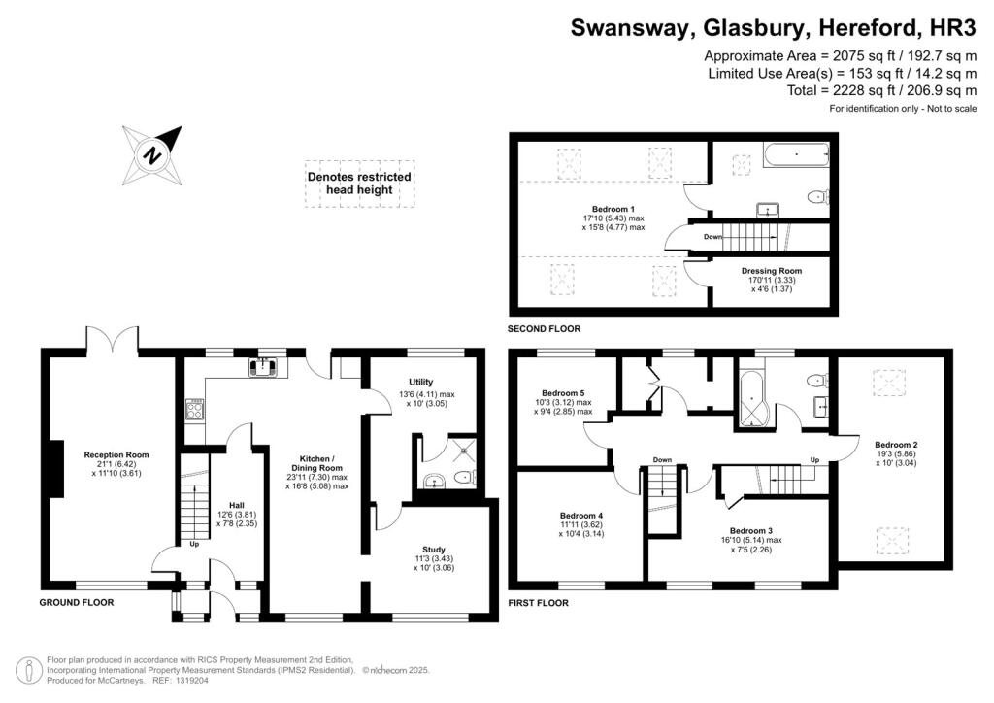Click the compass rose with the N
[x=152, y=153]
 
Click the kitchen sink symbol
[x=263, y=366]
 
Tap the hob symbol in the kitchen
[x=193, y=409]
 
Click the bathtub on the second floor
[x=795, y=154]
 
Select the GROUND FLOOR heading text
[x=77, y=602]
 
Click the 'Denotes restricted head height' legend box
[x=359, y=183]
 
